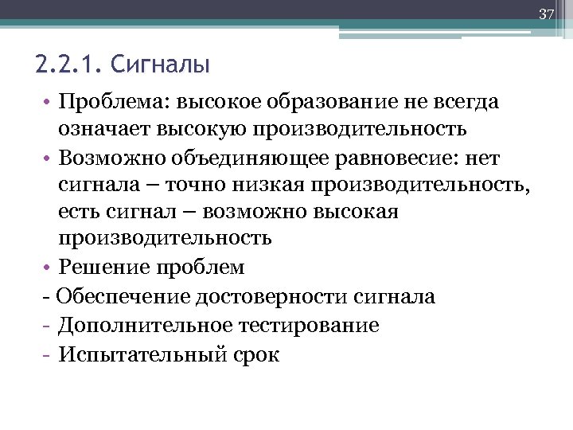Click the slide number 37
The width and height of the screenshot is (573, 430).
pos(546,14)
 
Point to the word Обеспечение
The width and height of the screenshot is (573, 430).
pos(119,297)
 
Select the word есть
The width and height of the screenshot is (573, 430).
pos(80,213)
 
